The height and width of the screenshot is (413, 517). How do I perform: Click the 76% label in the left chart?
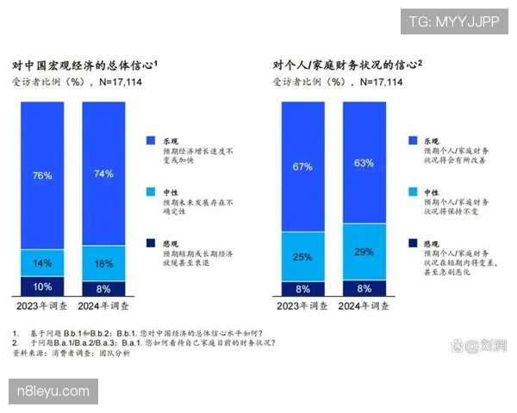click(x=42, y=176)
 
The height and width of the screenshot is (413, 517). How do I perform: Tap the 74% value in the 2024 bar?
click(x=103, y=174)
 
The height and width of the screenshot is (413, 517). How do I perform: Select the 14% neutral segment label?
click(x=42, y=262)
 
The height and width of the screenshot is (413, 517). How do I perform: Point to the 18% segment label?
click(x=103, y=262)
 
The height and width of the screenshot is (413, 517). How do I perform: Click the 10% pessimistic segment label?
click(x=42, y=287)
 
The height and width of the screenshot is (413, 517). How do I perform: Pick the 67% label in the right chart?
click(x=302, y=166)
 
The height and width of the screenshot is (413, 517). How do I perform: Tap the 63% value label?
click(x=364, y=162)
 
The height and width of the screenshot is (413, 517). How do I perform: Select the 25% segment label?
click(x=302, y=256)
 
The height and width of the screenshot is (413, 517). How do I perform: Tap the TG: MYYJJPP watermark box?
click(x=453, y=21)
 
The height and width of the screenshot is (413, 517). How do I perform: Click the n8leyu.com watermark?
click(x=53, y=391)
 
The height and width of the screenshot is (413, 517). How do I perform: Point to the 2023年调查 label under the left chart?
click(x=42, y=306)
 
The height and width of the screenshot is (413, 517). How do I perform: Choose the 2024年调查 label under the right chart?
click(x=364, y=306)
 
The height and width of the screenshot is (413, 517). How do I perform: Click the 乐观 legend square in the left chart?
click(x=152, y=139)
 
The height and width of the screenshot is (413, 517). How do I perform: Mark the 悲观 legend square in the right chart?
click(x=413, y=243)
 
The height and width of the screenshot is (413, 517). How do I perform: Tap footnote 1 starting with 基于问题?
click(x=138, y=333)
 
